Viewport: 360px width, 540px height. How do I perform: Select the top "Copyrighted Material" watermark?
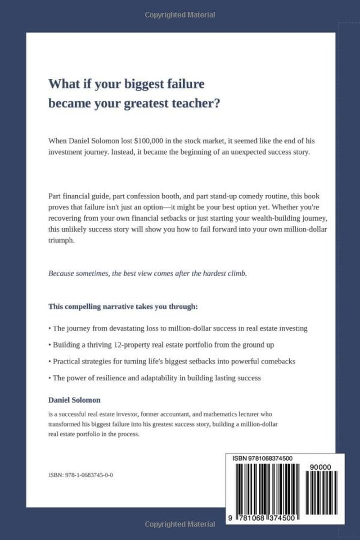[180, 15]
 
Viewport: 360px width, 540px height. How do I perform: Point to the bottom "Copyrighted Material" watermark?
[180, 524]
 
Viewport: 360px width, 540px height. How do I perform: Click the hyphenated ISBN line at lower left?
[81, 475]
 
